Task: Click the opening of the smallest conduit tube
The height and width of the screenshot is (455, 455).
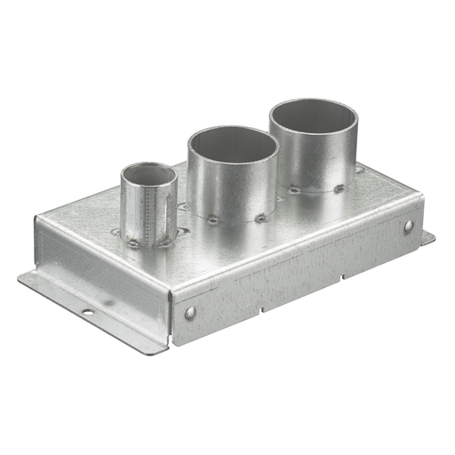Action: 148,174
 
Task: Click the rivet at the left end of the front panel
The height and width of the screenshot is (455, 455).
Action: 189,312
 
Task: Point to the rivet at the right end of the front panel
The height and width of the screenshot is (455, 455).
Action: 408,227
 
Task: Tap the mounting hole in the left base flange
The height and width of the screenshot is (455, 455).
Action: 88,312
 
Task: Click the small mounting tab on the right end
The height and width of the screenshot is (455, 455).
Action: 427,238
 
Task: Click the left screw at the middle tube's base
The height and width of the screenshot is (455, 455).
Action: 212,220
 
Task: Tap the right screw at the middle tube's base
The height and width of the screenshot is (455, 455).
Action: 260,217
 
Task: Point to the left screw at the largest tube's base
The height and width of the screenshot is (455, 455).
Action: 294,189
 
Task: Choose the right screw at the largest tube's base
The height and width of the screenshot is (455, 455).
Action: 339,188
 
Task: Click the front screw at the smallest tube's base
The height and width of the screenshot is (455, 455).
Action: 133,243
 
